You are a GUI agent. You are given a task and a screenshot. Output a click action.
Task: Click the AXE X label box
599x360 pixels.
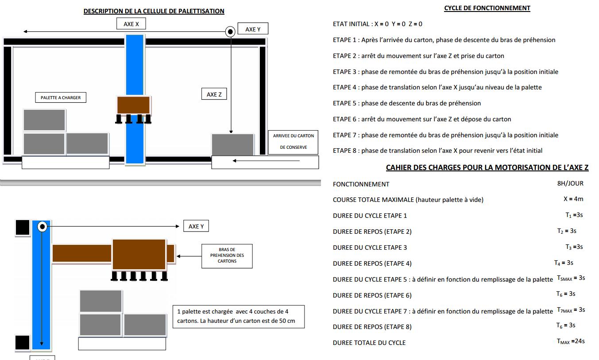[x=131, y=24]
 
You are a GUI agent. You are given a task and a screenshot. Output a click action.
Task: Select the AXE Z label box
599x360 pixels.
[x=214, y=94]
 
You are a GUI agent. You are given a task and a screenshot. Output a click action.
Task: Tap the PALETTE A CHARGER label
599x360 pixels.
[x=61, y=97]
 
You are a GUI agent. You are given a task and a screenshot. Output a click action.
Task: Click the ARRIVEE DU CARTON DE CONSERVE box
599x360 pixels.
[x=293, y=142]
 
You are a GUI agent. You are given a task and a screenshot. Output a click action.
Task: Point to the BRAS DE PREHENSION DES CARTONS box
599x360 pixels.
[x=227, y=255]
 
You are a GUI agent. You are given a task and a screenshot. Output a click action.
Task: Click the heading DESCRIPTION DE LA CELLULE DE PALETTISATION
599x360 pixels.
[x=154, y=11]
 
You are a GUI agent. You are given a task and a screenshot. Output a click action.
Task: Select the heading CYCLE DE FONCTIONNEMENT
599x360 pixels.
[x=487, y=8]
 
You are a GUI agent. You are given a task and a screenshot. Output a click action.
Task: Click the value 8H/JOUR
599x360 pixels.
[x=570, y=183]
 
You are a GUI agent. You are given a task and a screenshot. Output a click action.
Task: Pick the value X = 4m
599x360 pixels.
[x=573, y=199]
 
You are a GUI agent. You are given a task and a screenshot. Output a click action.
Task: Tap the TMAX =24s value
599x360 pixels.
[x=571, y=341]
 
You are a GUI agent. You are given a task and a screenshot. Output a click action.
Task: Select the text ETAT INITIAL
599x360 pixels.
[x=351, y=24]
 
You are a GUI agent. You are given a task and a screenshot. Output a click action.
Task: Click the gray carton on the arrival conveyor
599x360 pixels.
[x=233, y=144]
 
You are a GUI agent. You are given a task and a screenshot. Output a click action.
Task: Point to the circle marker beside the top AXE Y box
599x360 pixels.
[x=230, y=32]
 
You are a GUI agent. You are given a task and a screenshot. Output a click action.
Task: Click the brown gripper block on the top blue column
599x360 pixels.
[x=134, y=105]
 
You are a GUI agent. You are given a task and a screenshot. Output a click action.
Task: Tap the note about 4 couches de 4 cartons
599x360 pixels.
[x=238, y=316]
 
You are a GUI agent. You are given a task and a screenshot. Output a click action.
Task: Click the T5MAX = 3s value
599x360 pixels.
[x=571, y=278]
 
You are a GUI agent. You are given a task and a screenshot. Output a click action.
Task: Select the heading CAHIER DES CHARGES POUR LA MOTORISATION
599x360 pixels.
[x=487, y=167]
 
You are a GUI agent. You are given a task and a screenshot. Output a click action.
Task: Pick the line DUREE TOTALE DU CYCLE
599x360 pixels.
[x=369, y=343]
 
